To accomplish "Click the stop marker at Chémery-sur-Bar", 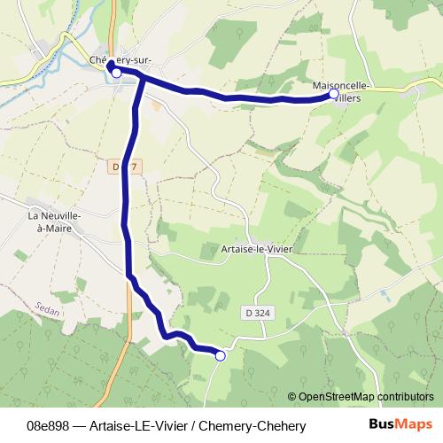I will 116,74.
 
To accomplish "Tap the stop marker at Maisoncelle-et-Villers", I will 334,93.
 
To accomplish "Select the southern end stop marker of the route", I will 220,355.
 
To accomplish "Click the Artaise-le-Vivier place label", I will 257,251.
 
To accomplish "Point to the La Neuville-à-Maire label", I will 55,221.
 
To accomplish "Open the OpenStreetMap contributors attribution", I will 366,397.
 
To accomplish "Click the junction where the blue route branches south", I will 140,79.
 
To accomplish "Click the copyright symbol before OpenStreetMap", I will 292,397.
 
